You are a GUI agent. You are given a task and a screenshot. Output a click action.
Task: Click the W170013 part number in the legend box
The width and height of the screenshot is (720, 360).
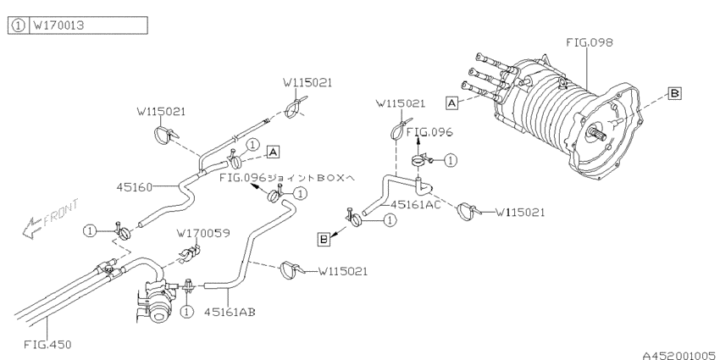pos(58,25)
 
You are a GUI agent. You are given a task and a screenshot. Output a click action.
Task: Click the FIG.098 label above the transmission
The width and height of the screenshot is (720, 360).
pos(590,42)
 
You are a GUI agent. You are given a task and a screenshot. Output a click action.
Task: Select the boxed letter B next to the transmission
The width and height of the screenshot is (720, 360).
pos(674,93)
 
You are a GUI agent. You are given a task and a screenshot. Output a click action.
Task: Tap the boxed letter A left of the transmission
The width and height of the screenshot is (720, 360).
pos(452,102)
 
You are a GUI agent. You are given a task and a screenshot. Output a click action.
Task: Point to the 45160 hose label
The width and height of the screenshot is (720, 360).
pos(134,187)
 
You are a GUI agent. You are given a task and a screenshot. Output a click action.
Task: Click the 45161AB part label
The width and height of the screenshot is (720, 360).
pos(230,313)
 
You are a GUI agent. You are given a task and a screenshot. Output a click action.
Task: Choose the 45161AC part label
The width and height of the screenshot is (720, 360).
pos(415,204)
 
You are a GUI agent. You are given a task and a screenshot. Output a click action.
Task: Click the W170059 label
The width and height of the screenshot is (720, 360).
pos(203,233)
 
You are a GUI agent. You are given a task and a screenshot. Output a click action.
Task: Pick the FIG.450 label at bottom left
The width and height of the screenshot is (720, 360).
pos(47,345)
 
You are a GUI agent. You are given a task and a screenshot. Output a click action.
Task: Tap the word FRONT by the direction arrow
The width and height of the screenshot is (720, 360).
pos(62,213)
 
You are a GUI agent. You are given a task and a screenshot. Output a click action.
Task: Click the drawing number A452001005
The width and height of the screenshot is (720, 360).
pos(678,356)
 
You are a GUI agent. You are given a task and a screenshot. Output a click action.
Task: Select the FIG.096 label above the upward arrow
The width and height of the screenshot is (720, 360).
pos(429,132)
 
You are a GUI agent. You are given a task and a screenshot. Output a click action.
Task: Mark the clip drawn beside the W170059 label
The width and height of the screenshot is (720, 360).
pos(189,254)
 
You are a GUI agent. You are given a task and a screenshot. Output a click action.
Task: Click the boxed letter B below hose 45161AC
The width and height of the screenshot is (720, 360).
pos(324,239)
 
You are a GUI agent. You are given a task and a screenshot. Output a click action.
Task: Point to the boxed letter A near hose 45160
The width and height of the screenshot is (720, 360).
pos(273,152)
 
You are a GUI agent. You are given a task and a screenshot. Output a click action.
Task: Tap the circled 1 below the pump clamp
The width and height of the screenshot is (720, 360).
pos(186,312)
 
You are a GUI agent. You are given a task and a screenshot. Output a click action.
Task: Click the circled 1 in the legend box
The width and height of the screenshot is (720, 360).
pos(18,25)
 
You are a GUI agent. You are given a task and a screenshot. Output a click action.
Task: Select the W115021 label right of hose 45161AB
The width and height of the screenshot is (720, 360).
pos(343,271)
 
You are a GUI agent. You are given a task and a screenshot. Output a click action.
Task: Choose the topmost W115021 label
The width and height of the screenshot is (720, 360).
pos(307,83)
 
